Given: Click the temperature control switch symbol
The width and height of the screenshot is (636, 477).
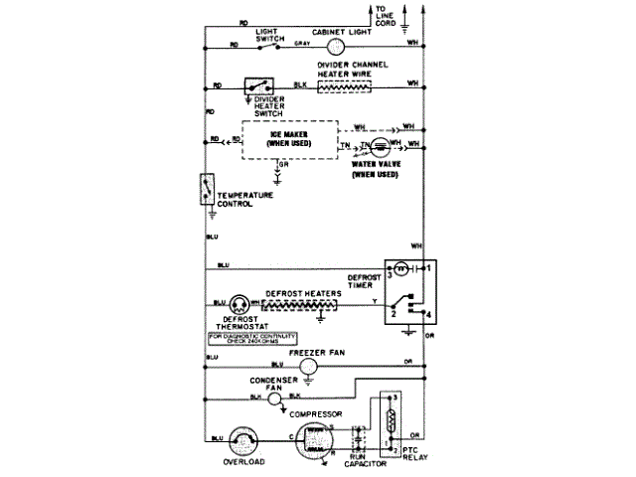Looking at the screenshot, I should pyautogui.click(x=208, y=189).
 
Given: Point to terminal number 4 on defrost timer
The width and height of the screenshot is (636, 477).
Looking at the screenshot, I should pyautogui.click(x=427, y=314).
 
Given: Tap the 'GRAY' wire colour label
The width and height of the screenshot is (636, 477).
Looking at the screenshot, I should pyautogui.click(x=303, y=44).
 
